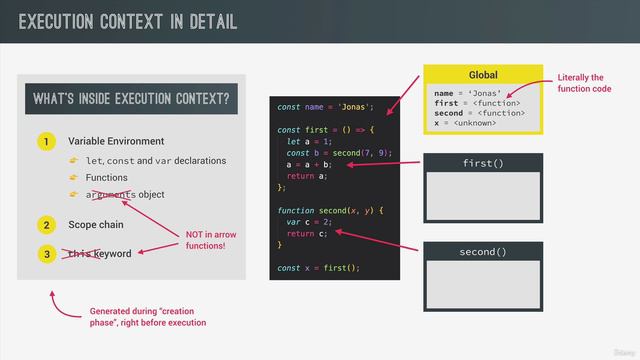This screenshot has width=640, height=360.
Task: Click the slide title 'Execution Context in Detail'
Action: [128, 21]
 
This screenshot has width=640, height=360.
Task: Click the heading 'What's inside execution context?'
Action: [131, 99]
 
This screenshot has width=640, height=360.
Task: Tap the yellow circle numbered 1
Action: [46, 142]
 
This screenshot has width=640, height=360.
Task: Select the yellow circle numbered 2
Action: [46, 225]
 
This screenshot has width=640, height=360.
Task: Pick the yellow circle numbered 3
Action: [46, 254]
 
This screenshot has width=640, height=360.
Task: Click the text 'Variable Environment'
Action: [116, 142]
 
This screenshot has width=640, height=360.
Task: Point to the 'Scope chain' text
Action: [96, 225]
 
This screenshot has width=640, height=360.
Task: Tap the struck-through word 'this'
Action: [79, 254]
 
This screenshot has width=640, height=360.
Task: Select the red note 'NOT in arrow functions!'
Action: [212, 240]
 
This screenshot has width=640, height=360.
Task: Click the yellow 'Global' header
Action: [483, 76]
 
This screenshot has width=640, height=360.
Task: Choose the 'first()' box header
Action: [483, 163]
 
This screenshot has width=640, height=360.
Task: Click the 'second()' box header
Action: [483, 252]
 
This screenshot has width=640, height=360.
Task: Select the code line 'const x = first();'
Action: [318, 268]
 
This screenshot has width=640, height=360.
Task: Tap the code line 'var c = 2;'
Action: [311, 222]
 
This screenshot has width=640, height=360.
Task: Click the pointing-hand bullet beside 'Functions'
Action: [73, 178]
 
